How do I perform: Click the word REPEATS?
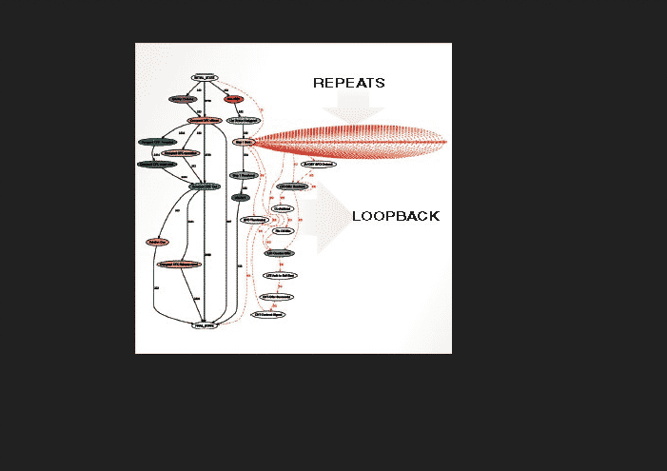tap(349, 84)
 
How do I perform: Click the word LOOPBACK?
tap(396, 216)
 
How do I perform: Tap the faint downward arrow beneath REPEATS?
tap(351, 111)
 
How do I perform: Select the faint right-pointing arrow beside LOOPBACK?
tap(332, 217)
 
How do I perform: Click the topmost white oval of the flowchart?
tap(205, 77)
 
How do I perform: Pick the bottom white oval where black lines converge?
tap(206, 325)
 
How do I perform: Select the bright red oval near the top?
tap(234, 99)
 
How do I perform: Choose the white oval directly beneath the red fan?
tap(319, 165)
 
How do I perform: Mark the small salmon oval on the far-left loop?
tap(157, 243)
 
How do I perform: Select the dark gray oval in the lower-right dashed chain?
tap(279, 254)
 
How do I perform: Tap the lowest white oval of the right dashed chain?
tap(268, 314)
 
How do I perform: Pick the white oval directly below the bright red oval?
tap(244, 121)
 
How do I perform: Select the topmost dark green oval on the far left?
tap(157, 142)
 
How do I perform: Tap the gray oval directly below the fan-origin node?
tap(244, 175)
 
